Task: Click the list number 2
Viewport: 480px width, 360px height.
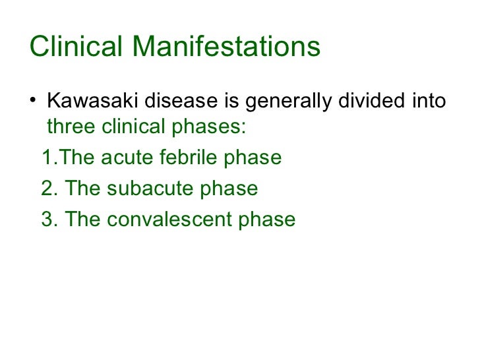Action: pyautogui.click(x=47, y=189)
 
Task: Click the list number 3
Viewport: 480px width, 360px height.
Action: pyautogui.click(x=47, y=220)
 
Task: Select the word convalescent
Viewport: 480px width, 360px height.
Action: pyautogui.click(x=171, y=220)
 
